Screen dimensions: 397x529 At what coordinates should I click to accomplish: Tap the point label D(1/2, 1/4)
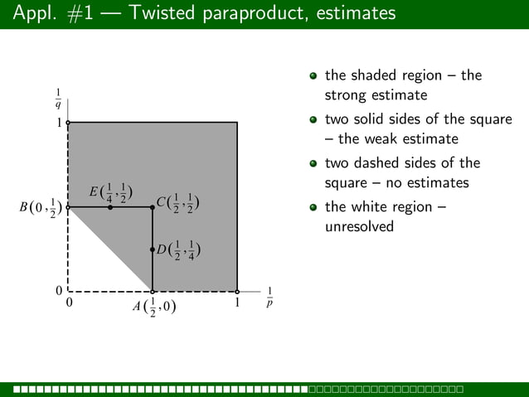(x=177, y=249)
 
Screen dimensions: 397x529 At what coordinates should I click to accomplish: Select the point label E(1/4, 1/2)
(x=111, y=193)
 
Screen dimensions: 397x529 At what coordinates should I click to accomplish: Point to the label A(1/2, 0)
(x=154, y=307)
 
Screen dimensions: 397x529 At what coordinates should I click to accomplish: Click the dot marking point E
(x=110, y=207)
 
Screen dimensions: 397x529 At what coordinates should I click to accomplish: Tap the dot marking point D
(x=153, y=249)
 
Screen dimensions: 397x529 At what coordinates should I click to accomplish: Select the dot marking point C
(x=153, y=207)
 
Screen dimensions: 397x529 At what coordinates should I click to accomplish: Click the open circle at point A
(x=153, y=292)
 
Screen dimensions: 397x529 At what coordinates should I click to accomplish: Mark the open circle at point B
(x=68, y=207)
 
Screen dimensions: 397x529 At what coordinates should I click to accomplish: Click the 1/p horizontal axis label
(x=269, y=298)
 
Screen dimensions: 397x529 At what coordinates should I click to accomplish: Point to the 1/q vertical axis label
(x=58, y=99)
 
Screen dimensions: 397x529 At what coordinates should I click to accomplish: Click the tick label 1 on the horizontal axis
(x=237, y=303)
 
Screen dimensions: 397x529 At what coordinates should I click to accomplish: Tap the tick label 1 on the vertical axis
(x=59, y=123)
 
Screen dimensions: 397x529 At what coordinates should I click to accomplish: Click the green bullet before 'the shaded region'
(x=313, y=76)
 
